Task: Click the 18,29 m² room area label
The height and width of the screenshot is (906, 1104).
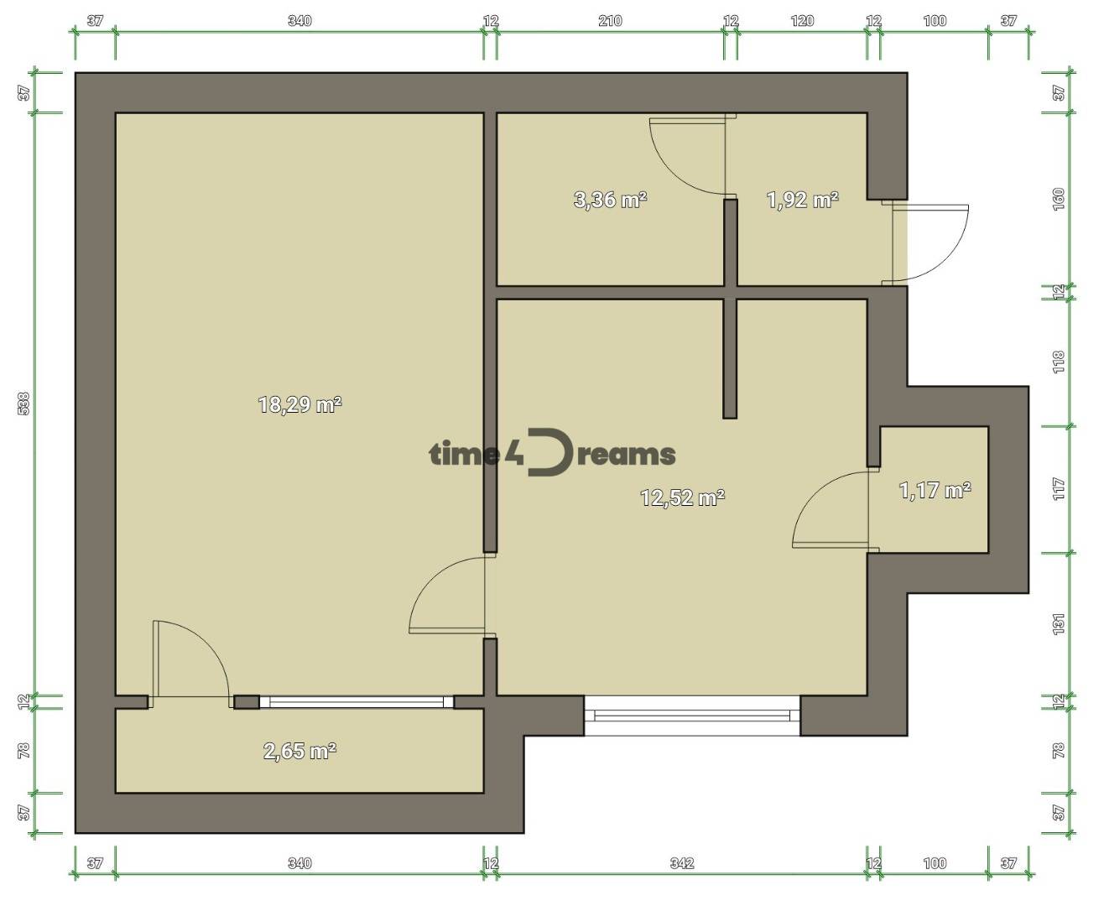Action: [x=300, y=404]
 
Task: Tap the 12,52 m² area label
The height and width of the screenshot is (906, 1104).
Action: [x=683, y=497]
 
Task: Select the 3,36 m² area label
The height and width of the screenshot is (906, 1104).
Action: [x=611, y=200]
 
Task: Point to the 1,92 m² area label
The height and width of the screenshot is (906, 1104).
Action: [x=803, y=200]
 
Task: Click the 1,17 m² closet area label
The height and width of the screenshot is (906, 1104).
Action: [x=935, y=491]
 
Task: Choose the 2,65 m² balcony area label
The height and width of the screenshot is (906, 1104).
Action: [x=299, y=752]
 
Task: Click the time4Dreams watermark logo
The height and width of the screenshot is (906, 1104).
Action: [x=552, y=453]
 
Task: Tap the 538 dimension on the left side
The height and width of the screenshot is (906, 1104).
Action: [x=24, y=404]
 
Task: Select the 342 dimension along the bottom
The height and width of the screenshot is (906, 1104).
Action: [x=682, y=863]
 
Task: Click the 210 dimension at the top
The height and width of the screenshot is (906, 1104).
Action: [x=611, y=21]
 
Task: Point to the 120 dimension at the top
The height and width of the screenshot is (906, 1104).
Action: [x=803, y=21]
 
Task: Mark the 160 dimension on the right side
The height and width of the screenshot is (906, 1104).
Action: [x=1059, y=200]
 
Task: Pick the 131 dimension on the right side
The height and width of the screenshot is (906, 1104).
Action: [x=1059, y=624]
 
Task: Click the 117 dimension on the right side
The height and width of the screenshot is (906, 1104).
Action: [x=1059, y=489]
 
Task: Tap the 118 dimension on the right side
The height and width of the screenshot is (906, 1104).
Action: [x=1059, y=362]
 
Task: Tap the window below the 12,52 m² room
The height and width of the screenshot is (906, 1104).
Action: [x=692, y=715]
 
